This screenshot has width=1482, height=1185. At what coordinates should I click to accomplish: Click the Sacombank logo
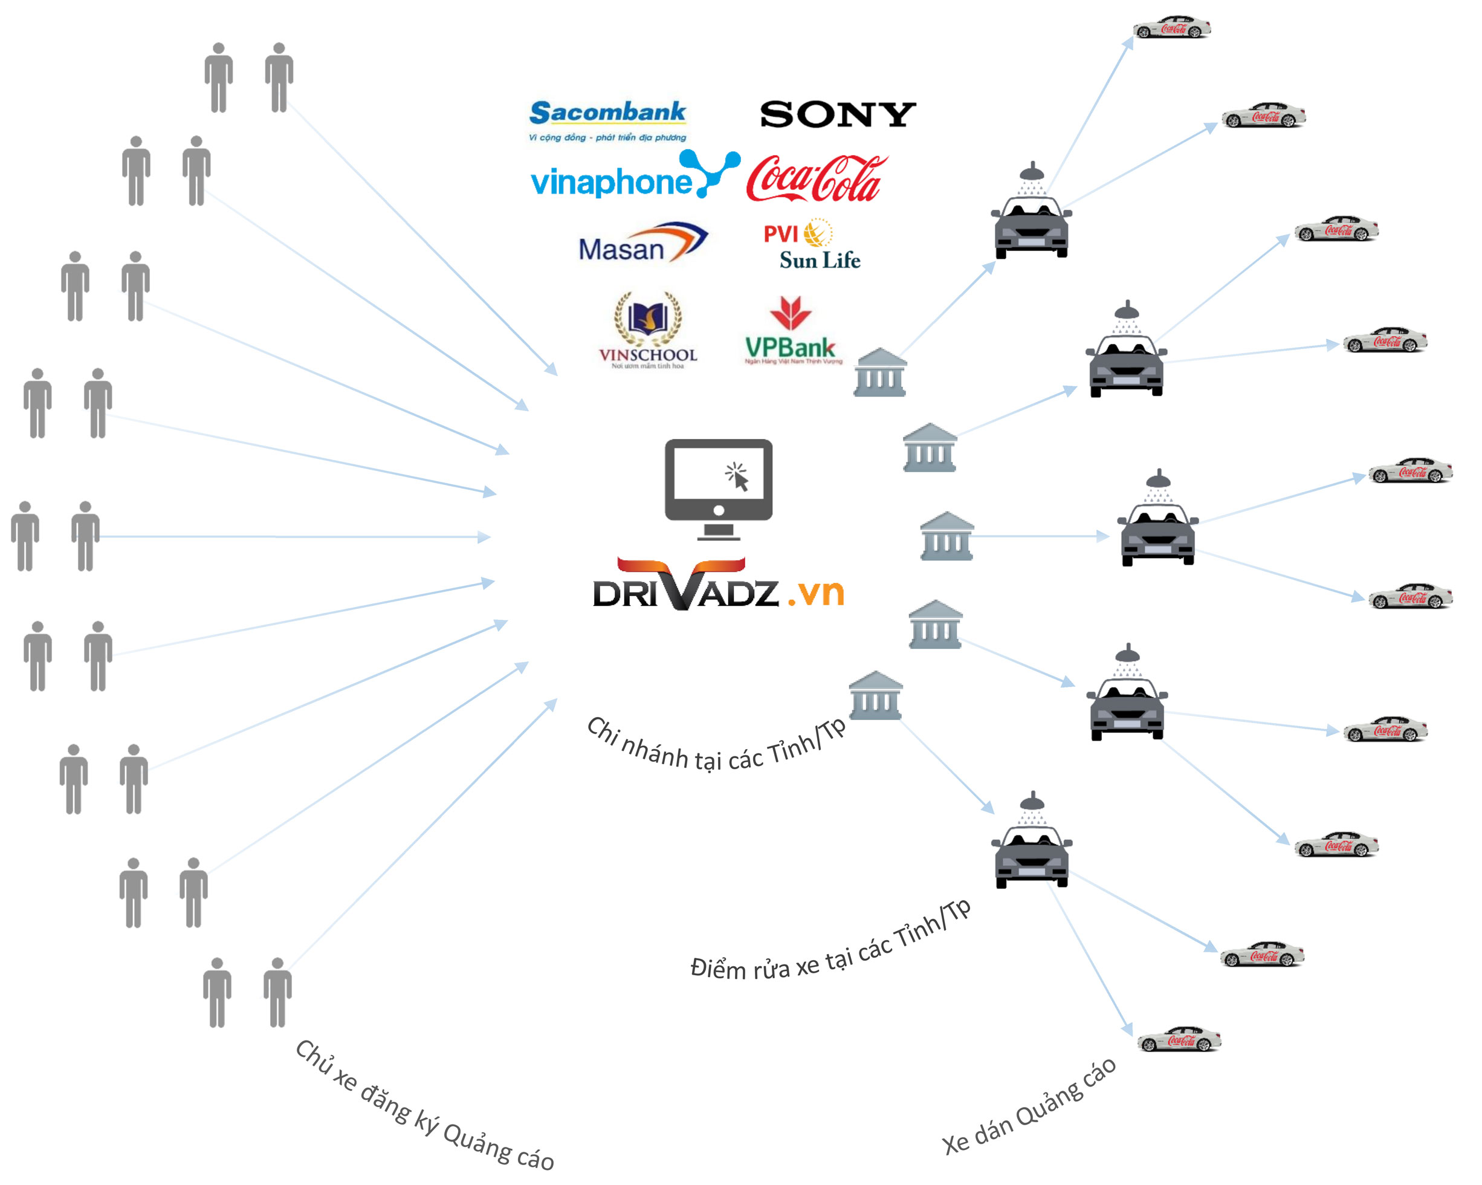607,119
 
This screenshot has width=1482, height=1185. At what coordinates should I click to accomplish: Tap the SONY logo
837,114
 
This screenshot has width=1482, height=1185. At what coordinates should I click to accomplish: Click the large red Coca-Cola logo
816,179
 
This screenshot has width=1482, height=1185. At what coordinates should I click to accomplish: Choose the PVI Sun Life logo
812,245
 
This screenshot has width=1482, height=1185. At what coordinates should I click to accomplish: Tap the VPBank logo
792,332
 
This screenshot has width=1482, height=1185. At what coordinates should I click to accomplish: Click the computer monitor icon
718,489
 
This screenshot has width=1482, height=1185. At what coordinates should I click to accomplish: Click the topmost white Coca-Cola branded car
1171,28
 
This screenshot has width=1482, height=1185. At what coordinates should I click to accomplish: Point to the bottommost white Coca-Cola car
1178,1039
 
